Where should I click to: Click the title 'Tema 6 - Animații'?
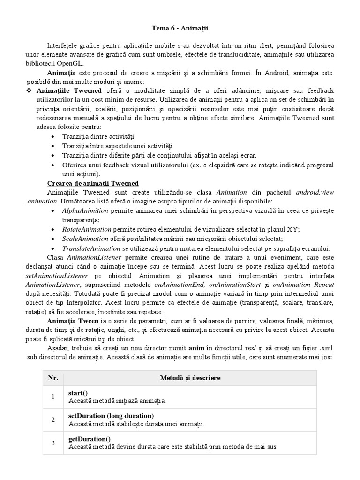[180, 29]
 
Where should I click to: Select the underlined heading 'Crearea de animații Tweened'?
[93, 183]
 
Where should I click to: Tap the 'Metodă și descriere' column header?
[191, 377]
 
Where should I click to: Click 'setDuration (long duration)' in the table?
[111, 416]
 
